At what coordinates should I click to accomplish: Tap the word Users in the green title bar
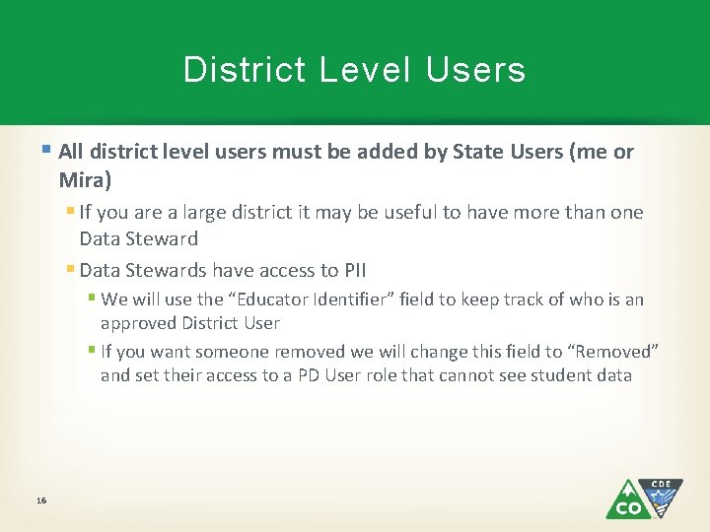pos(476,70)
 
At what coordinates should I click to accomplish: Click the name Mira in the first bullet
pos(82,179)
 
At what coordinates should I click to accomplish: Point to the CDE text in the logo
pos(661,484)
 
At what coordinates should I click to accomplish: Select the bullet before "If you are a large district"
pos(70,212)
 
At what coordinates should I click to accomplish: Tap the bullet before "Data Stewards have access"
pos(70,269)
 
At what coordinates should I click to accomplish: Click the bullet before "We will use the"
pos(91,299)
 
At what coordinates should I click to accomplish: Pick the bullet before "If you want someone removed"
pos(91,351)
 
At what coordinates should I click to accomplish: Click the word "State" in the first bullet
pos(476,152)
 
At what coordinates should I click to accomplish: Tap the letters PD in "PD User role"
pos(310,375)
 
